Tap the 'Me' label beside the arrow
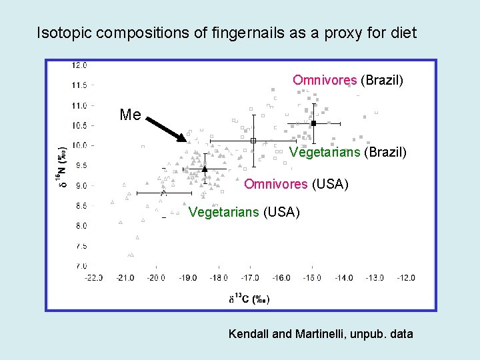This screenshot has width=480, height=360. coord(130,115)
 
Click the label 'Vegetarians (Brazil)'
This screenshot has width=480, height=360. coord(347,152)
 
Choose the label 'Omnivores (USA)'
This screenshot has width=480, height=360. coord(296,184)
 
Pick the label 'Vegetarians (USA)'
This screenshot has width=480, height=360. coord(245,213)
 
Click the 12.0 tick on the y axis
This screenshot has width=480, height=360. coord(79,65)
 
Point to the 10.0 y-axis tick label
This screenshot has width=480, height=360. coord(79,145)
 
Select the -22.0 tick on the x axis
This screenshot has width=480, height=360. coord(95,277)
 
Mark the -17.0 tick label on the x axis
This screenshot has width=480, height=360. coord(249,277)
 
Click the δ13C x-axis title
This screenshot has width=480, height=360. coord(249,299)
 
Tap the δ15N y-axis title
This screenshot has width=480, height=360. coord(62,165)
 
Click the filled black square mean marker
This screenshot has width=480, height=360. coord(313,123)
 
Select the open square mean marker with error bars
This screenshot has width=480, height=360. coord(253,141)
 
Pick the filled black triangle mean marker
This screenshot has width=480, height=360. coord(205,169)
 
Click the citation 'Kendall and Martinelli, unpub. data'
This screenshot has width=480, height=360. coord(321,333)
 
